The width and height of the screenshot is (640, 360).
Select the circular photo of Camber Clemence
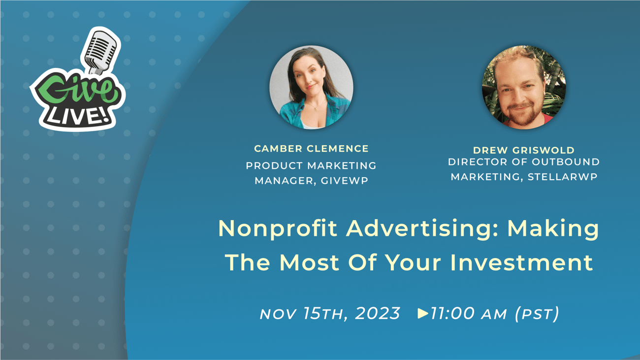click(311, 88)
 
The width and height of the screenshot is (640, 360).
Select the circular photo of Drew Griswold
click(523, 88)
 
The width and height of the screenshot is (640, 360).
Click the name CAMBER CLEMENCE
click(311, 148)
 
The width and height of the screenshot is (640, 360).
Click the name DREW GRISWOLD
click(524, 150)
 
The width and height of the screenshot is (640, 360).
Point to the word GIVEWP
click(344, 181)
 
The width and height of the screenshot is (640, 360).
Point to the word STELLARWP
click(562, 176)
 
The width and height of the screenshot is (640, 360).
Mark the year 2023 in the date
click(377, 313)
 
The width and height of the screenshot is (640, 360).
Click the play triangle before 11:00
click(422, 313)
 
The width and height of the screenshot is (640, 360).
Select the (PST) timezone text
click(537, 313)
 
